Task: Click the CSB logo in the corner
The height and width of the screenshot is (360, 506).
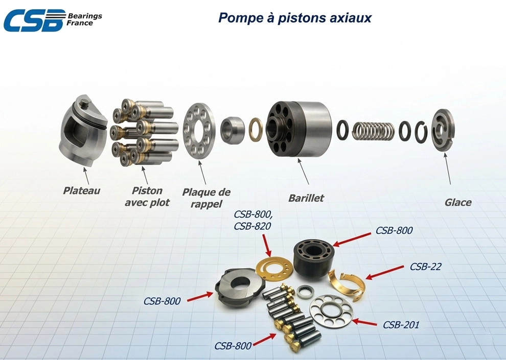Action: pos(53,20)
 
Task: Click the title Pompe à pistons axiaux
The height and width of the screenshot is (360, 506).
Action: pos(294,18)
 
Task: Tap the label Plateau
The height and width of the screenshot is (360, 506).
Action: pos(81,190)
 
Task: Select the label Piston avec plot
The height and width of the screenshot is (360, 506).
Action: pos(147,196)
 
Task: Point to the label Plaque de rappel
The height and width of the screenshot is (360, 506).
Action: pos(206,198)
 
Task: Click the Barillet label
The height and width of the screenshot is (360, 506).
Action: pos(306,198)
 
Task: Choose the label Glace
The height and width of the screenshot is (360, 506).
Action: pos(458,202)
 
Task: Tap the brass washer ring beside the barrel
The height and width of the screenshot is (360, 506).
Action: pos(256,130)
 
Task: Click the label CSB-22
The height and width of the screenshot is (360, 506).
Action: pos(425,267)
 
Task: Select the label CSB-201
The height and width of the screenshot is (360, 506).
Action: pos(401,325)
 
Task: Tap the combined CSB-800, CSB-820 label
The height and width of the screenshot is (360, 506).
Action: pos(252,220)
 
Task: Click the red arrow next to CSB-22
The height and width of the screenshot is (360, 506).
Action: pos(384,272)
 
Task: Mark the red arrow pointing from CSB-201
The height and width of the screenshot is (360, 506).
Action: pos(364,322)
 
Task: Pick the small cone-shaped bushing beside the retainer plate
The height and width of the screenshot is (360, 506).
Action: pos(233,130)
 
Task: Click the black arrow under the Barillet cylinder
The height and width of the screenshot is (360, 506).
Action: pos(303,171)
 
